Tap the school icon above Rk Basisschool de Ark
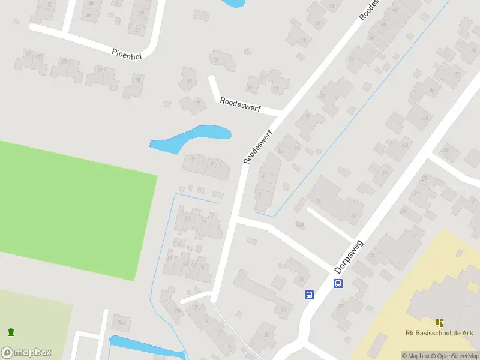pyautogui.click(x=439, y=323)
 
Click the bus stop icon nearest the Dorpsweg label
pyautogui.click(x=338, y=283)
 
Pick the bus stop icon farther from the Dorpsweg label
pyautogui.click(x=310, y=295)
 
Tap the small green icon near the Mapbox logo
pyautogui.click(x=11, y=332)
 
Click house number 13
pyautogui.click(x=215, y=60)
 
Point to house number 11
pyautogui.click(x=190, y=81)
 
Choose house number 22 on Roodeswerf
pyautogui.click(x=323, y=95)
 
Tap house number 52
pyautogui.click(x=458, y=74)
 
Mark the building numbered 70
pyautogui.click(x=354, y=216)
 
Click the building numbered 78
pyautogui.click(x=284, y=310)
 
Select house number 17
pyautogui.click(x=276, y=89)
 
